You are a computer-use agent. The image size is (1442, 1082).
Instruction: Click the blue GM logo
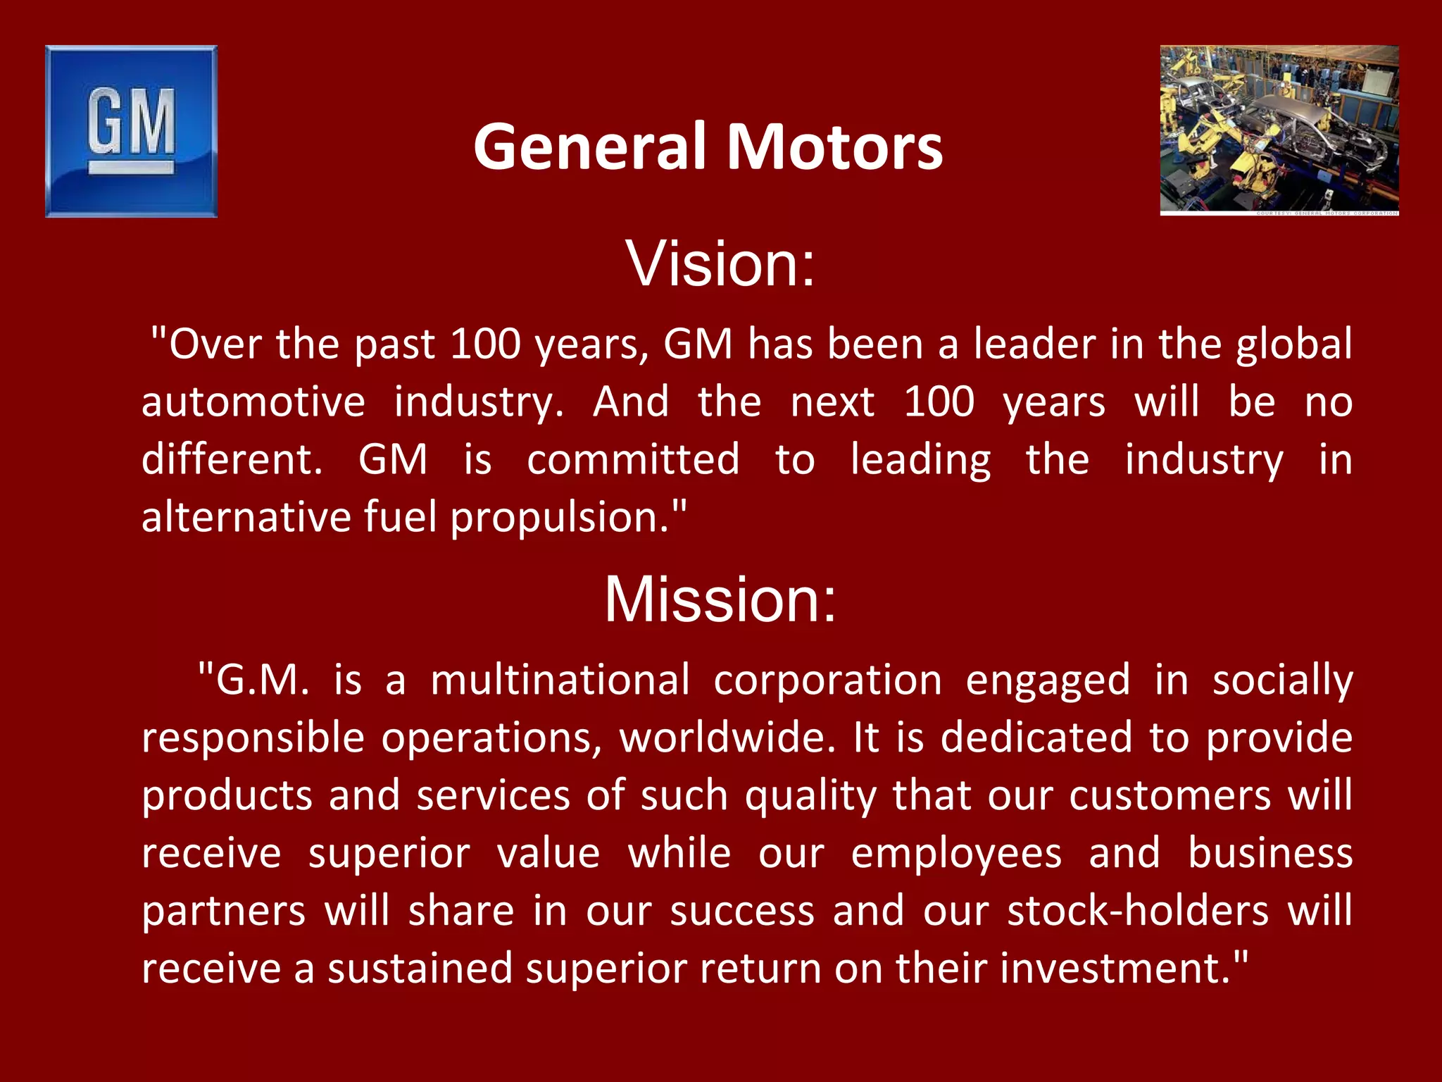click(131, 131)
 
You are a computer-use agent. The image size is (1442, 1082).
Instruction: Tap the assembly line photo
click(1279, 130)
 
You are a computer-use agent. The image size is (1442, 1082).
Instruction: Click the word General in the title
click(589, 147)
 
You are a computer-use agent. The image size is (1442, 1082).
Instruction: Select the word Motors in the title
click(834, 147)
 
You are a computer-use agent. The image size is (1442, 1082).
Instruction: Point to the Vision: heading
click(720, 263)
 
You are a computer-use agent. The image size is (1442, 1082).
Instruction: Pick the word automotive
click(253, 402)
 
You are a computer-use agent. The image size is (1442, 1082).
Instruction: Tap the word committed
click(633, 460)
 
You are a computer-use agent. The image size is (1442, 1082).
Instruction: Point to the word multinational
click(560, 680)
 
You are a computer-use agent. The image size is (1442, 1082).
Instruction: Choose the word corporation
click(827, 680)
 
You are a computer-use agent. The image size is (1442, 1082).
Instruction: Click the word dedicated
click(1037, 738)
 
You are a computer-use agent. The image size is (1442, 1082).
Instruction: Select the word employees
click(956, 854)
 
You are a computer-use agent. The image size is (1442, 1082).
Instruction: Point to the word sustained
click(420, 969)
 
